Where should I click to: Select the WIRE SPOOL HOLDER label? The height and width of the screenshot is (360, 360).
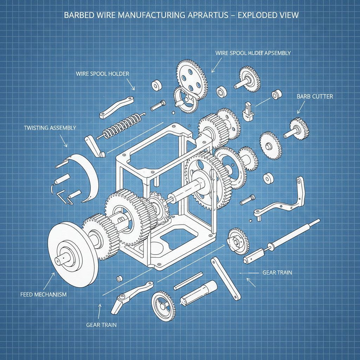[102, 74]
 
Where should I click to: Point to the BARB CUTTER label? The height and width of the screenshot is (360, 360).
[315, 96]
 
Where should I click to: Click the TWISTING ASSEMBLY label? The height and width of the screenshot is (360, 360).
[50, 128]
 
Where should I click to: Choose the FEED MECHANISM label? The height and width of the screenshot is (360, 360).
[44, 294]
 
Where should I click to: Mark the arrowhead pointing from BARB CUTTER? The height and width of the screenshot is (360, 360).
[298, 112]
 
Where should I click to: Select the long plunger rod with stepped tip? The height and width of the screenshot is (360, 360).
[281, 242]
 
